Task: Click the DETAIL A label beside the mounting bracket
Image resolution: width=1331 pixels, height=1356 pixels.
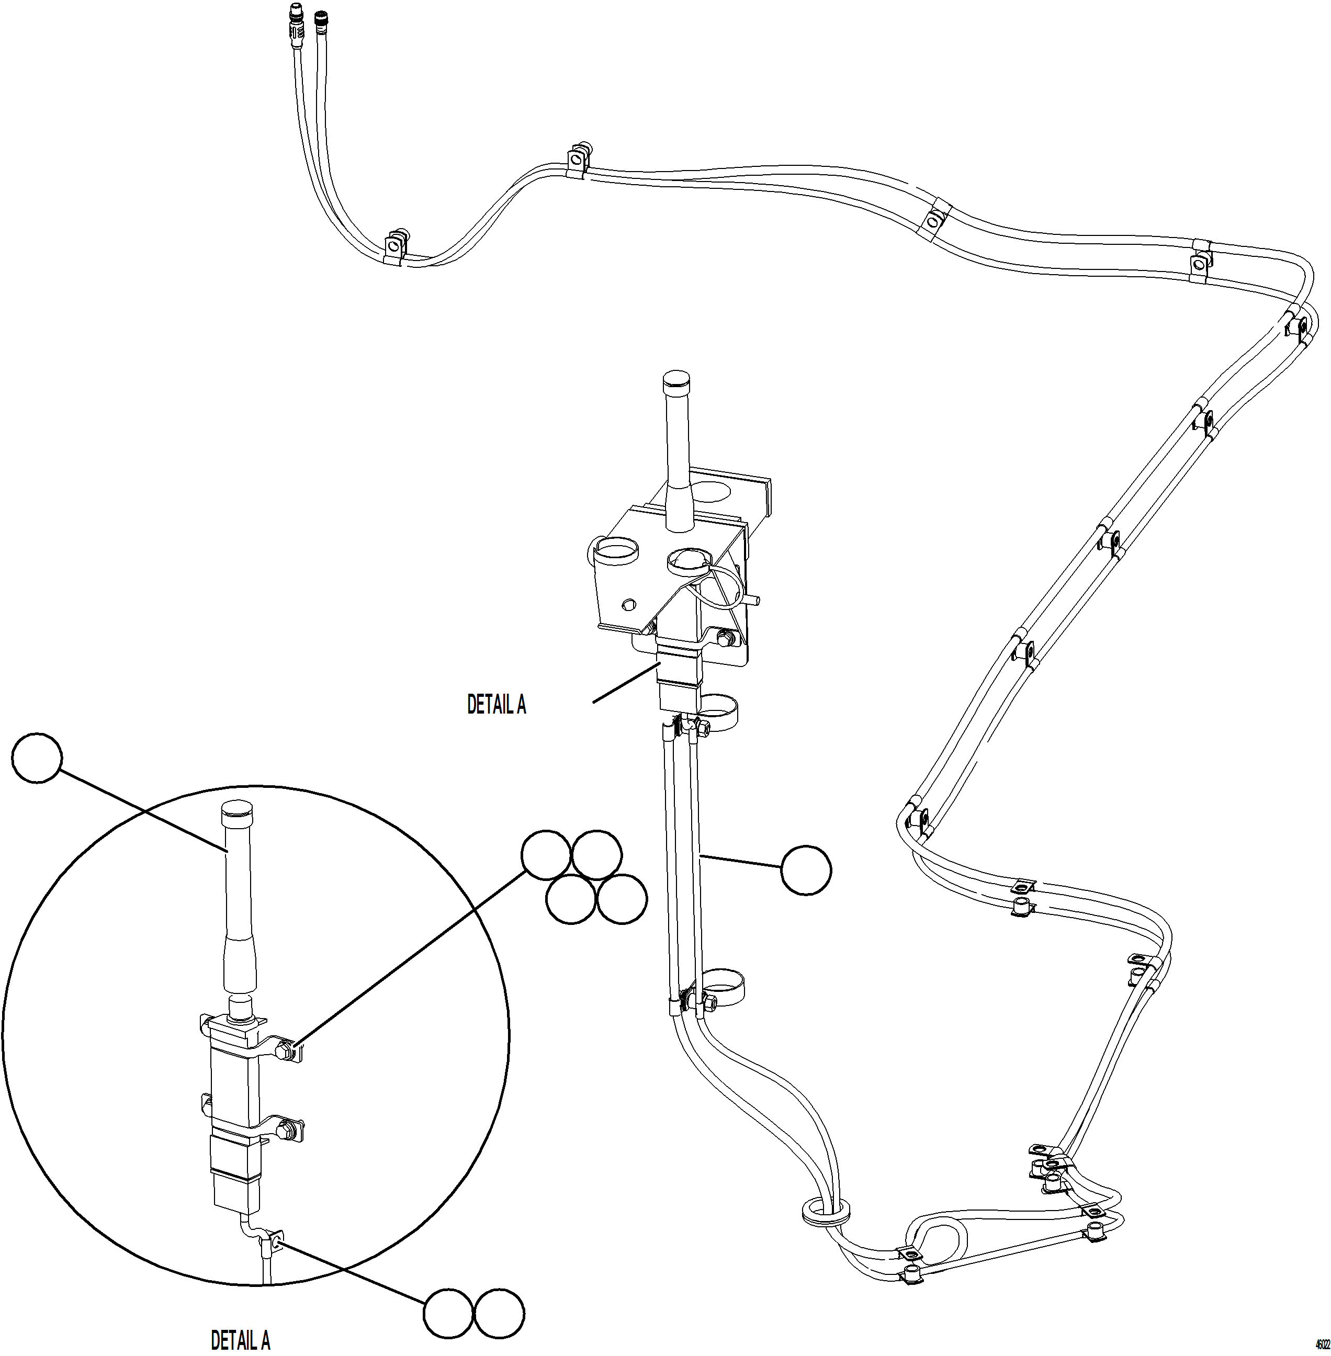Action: tap(497, 705)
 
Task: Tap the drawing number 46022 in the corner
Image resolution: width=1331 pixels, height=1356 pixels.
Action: tap(1321, 1344)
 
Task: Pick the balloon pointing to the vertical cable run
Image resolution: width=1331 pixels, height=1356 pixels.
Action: tap(806, 870)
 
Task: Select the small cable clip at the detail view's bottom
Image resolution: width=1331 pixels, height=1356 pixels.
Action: tap(273, 1243)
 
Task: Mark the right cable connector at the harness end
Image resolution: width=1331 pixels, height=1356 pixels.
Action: tap(321, 19)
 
